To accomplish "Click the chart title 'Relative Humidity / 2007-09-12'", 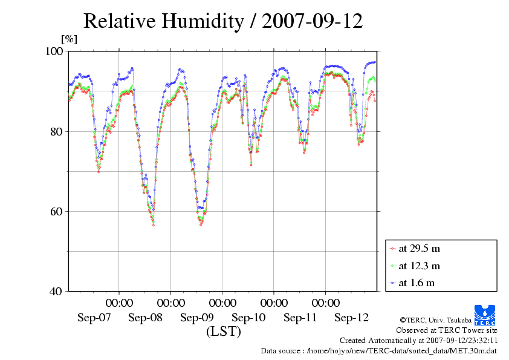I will pos(223,21).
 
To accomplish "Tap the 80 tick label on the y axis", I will pos(58,131).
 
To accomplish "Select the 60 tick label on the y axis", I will pos(58,211).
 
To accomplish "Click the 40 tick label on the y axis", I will pos(58,291).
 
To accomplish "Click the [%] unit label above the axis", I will pos(70,39).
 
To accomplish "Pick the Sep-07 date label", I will pos(94,318).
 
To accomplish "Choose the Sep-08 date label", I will pos(146,318).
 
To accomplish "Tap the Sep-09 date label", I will pos(197,318).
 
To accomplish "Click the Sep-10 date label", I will pos(248,318).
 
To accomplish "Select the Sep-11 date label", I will pos(300,318).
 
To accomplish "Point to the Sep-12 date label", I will pos(351,318).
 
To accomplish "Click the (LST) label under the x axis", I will pos(223,332).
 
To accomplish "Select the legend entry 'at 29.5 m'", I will pos(418,248).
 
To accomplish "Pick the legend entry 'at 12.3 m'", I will pos(418,265).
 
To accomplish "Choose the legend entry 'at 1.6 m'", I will pos(416,283).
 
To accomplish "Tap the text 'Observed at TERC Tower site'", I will pos(446,330).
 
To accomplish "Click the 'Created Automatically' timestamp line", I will pos(418,341).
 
